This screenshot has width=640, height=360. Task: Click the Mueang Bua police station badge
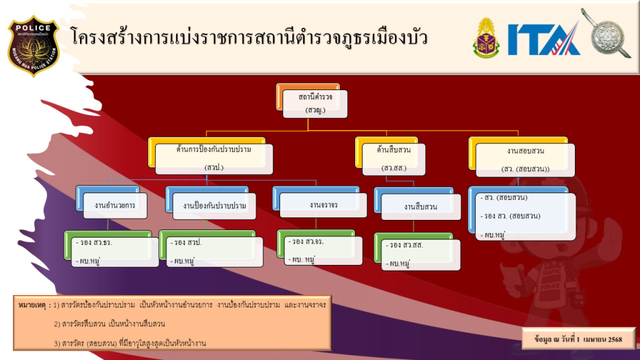click(34, 46)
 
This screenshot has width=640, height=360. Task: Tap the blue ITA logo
click(544, 39)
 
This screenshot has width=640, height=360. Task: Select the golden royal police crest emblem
click(486, 38)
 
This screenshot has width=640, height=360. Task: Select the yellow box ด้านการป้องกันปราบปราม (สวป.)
click(210, 156)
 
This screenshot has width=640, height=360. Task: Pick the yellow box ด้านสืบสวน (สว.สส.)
click(390, 156)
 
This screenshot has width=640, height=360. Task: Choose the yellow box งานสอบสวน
click(522, 157)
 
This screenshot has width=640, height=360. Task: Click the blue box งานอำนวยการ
click(111, 202)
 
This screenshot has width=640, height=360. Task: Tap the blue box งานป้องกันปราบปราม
click(211, 203)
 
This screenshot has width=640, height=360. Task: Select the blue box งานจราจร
click(319, 202)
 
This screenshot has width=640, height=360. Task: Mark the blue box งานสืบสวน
click(417, 204)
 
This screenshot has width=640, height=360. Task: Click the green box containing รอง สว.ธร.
click(111, 249)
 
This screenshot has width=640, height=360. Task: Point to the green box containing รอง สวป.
click(211, 249)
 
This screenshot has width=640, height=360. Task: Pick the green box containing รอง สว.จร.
click(319, 247)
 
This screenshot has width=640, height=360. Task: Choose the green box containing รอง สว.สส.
click(417, 251)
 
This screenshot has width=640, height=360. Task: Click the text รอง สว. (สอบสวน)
click(512, 216)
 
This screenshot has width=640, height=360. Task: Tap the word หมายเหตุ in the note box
click(32, 305)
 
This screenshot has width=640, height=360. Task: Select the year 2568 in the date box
click(615, 339)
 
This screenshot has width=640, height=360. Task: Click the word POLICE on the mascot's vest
click(550, 286)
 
